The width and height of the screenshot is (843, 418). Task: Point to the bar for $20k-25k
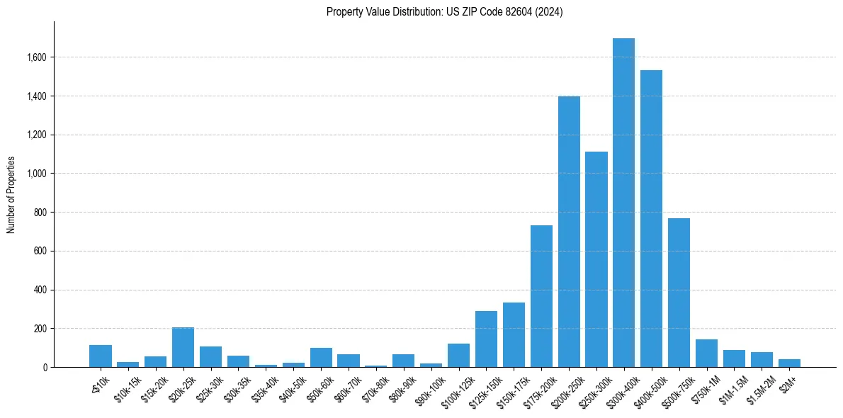tap(183, 347)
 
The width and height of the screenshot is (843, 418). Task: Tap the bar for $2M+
tap(789, 363)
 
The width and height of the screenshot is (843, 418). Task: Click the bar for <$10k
tap(101, 356)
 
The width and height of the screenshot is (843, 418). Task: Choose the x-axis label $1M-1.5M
tap(732, 387)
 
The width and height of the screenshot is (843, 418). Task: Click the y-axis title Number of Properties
tap(11, 195)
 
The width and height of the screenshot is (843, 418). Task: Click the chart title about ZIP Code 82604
tap(444, 12)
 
